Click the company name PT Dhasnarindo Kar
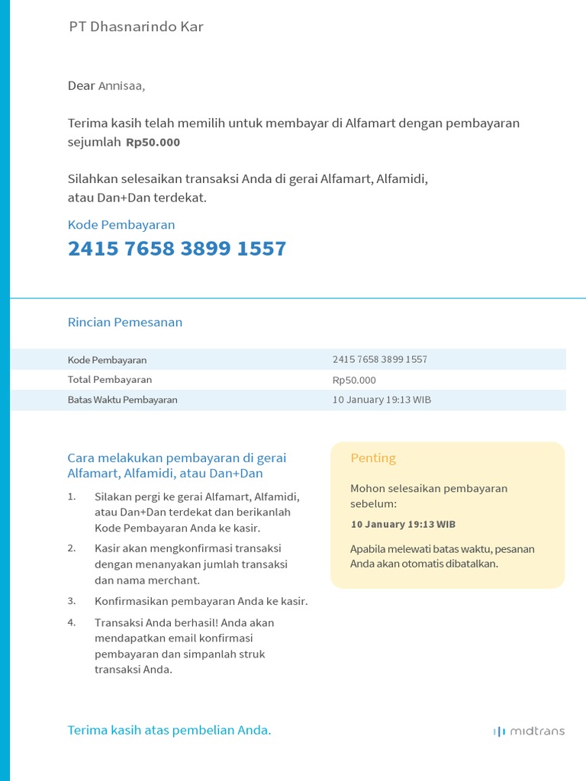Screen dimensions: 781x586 tap(136, 27)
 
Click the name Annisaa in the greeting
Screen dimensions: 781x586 tap(121, 86)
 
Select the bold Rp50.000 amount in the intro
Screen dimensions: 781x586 tap(153, 143)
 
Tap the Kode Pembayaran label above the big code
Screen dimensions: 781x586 tap(121, 225)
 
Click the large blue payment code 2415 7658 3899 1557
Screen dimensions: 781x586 tap(177, 249)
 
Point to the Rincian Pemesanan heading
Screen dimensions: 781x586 tap(125, 322)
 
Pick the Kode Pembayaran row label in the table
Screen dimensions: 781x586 tap(107, 360)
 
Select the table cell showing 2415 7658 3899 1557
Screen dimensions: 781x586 tap(380, 359)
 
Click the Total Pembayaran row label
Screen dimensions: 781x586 tap(110, 380)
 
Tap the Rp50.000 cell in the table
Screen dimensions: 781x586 tap(354, 380)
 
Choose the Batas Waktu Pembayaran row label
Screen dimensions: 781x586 tap(122, 400)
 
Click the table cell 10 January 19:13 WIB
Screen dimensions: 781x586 tap(382, 400)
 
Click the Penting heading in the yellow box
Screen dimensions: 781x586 tap(373, 458)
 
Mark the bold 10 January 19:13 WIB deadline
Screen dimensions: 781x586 tap(403, 525)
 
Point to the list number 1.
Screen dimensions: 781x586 tap(72, 497)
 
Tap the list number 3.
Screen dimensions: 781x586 tap(72, 601)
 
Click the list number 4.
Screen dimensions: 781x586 tap(72, 622)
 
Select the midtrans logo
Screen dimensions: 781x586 tap(529, 731)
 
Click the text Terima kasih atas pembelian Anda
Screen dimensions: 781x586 tap(169, 731)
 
